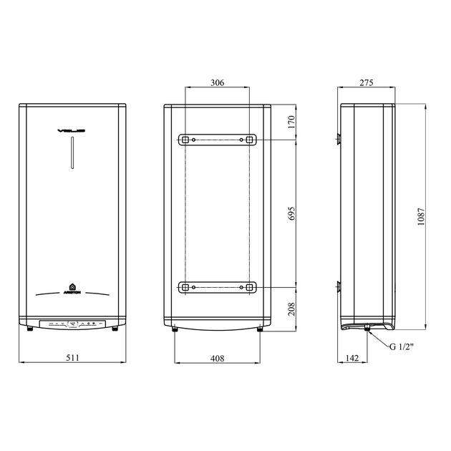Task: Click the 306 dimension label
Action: (217, 83)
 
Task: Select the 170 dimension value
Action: (291, 122)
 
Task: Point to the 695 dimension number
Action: (291, 213)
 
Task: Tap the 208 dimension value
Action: (291, 309)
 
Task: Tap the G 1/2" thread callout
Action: (403, 346)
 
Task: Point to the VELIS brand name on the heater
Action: (72, 131)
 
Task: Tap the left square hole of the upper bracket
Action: (185, 140)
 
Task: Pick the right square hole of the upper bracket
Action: (249, 140)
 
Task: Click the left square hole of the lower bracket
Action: (185, 288)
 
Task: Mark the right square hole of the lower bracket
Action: (249, 288)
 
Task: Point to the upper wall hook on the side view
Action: (337, 137)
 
